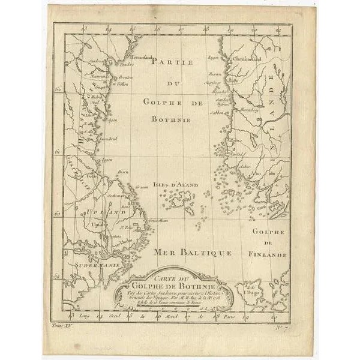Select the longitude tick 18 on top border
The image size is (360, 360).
coord(206,28)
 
